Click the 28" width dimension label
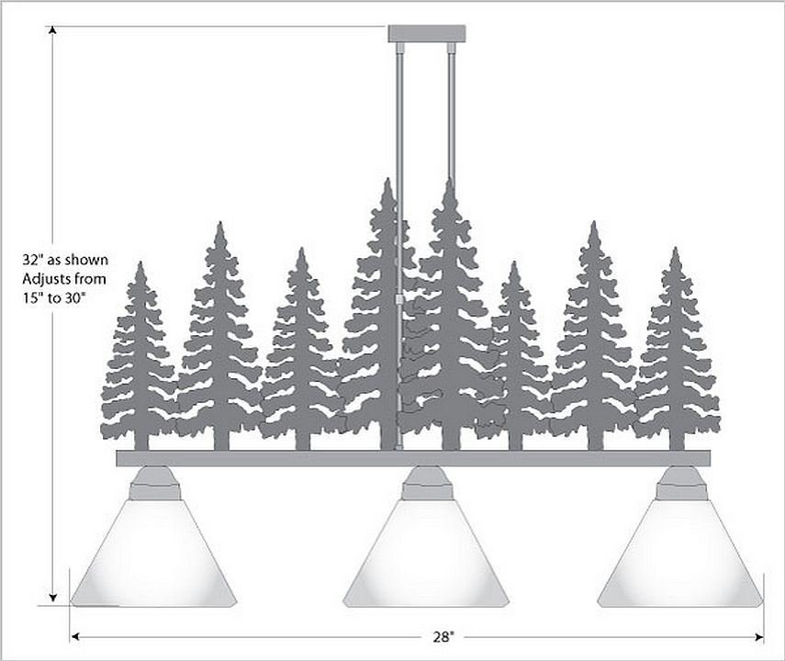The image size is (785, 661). click(x=443, y=637)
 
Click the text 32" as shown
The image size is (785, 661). click(x=65, y=260)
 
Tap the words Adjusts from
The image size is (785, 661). click(x=64, y=278)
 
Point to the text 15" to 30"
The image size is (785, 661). click(x=54, y=298)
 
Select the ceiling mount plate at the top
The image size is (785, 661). click(x=427, y=34)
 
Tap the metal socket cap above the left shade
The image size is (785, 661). click(x=154, y=483)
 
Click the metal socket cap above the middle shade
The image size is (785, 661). click(x=427, y=483)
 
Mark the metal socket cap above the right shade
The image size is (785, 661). click(x=681, y=483)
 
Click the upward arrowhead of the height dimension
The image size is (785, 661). click(x=52, y=29)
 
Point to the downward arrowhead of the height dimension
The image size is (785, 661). click(x=52, y=597)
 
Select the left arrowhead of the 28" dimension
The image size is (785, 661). click(x=75, y=637)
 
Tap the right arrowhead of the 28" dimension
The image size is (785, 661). click(x=759, y=637)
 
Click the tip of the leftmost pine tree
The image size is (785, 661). click(x=140, y=262)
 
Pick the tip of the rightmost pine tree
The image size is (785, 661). click(x=676, y=248)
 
